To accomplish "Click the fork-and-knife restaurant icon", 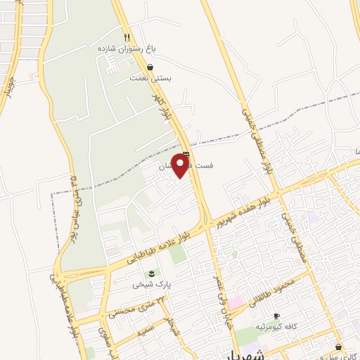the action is [127, 37].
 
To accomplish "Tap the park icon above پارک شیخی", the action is [150, 274].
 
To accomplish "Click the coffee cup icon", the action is [276, 316].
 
